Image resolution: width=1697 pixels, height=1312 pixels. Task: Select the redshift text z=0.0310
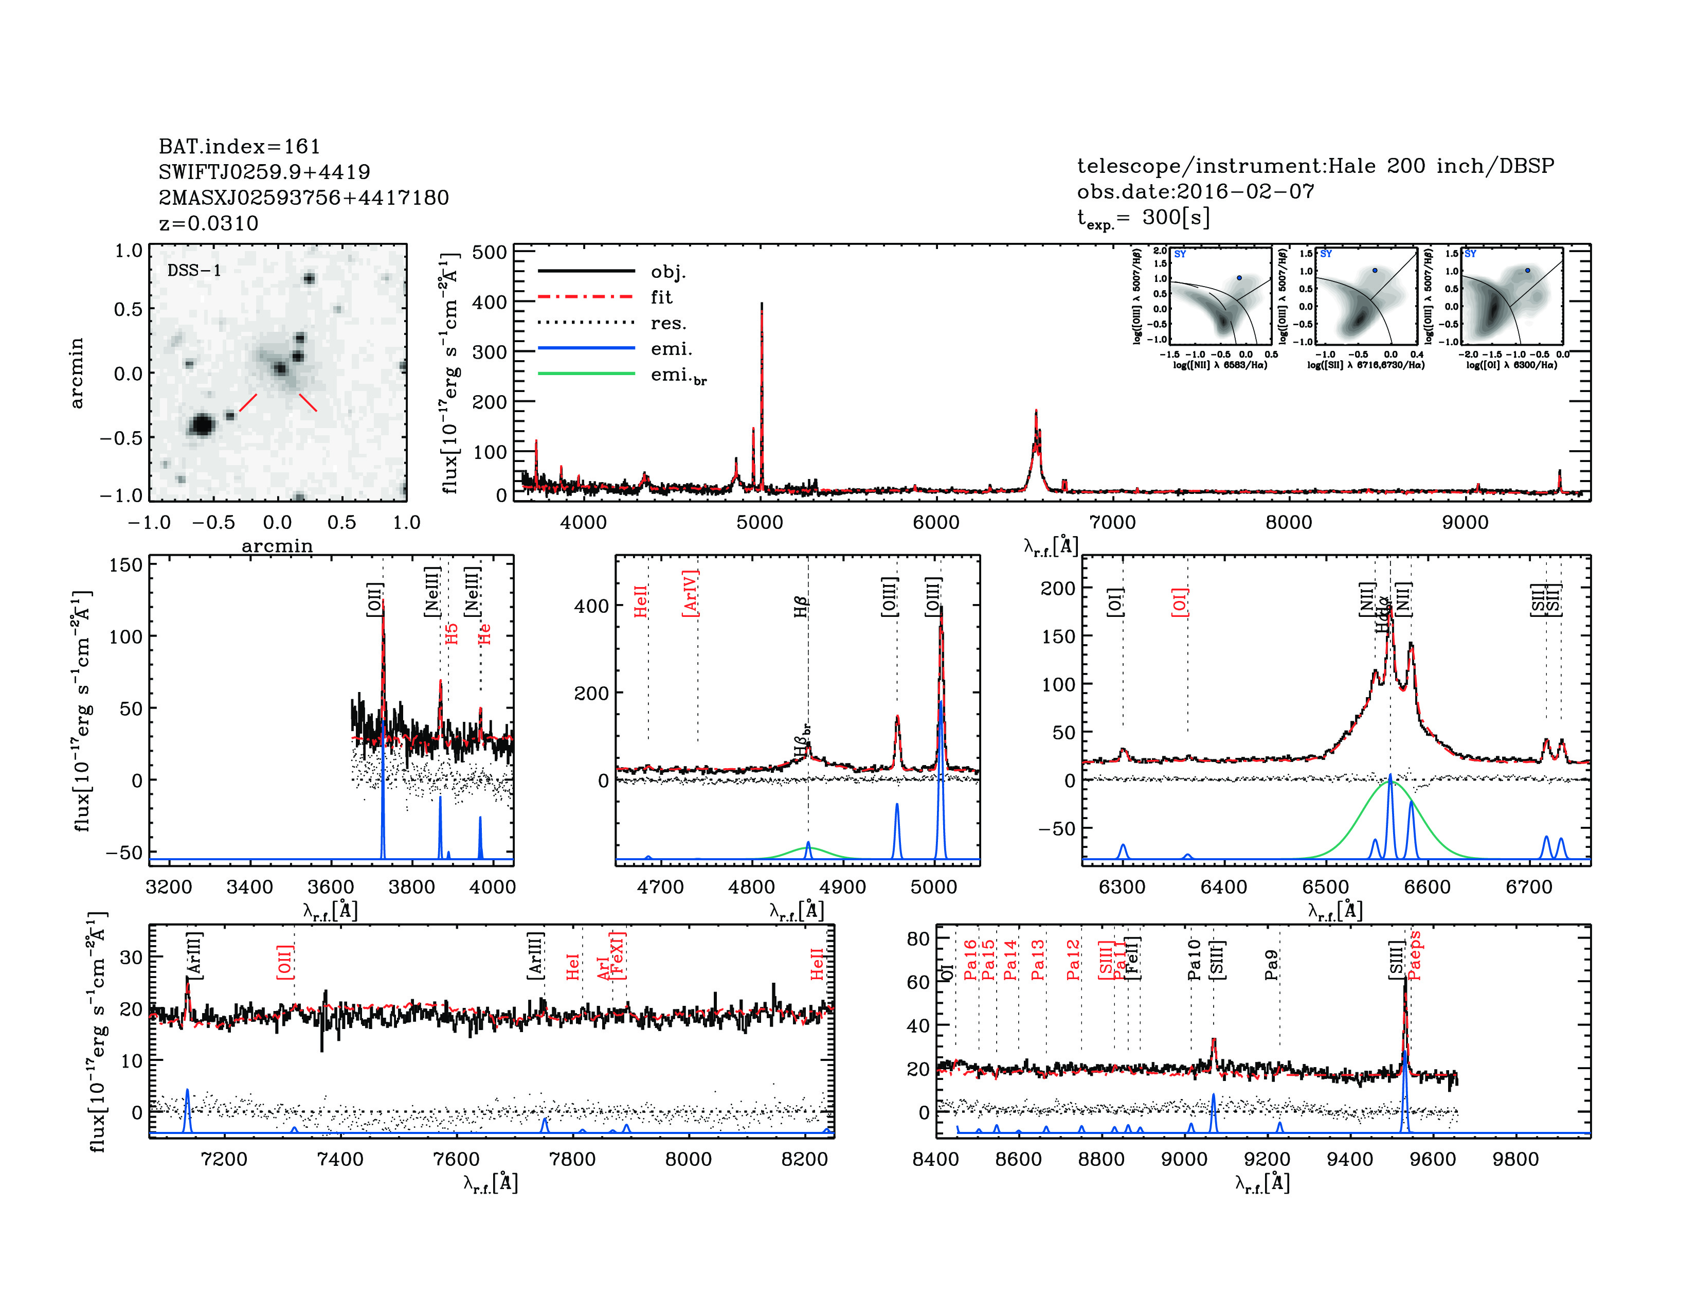point(208,224)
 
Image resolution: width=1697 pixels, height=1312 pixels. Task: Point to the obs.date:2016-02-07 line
point(1195,191)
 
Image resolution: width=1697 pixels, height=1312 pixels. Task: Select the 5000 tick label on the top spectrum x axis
point(759,522)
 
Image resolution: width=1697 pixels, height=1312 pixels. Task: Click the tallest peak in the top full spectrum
point(762,305)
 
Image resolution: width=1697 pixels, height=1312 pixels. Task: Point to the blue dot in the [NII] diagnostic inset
point(1239,277)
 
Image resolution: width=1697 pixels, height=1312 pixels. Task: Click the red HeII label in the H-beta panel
point(640,601)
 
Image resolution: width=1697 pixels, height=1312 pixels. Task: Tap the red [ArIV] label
point(690,594)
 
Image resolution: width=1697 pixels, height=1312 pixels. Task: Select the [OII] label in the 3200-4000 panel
point(374,599)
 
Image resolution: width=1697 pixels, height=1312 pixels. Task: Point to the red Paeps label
point(1414,955)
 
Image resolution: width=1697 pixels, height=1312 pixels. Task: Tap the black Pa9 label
point(1271,965)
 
